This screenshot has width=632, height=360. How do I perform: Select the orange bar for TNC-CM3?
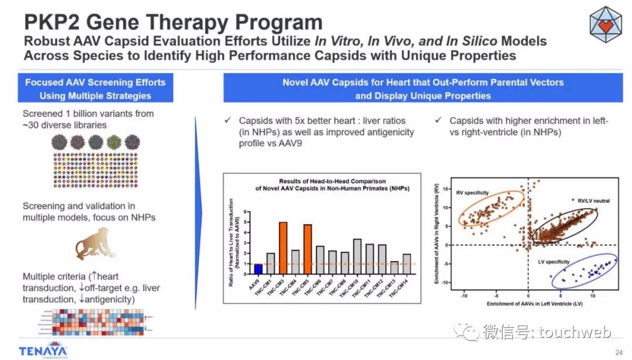coord(283,249)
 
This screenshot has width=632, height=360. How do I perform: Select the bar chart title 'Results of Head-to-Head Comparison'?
coord(324,181)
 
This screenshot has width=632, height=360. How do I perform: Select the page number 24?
coord(619,352)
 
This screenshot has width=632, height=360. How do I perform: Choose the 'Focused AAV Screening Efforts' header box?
coord(95,88)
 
